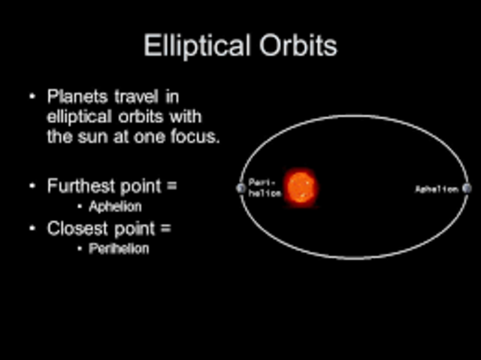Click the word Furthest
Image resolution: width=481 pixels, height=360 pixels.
click(79, 186)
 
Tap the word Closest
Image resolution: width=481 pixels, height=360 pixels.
click(76, 228)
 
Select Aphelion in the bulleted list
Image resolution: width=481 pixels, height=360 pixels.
click(115, 206)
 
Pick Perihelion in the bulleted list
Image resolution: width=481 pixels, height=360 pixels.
click(118, 249)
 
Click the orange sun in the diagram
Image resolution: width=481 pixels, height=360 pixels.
click(301, 187)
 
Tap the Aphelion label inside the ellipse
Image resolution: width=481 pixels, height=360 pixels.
click(437, 189)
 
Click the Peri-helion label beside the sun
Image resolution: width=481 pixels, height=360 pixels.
click(265, 188)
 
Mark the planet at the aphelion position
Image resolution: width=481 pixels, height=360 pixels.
click(467, 189)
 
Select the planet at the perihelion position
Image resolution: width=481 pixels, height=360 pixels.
click(240, 188)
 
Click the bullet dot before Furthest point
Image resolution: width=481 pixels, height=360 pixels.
click(32, 186)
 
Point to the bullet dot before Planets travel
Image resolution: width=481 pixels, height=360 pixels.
click(32, 98)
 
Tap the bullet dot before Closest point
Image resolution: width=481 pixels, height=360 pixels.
click(32, 228)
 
